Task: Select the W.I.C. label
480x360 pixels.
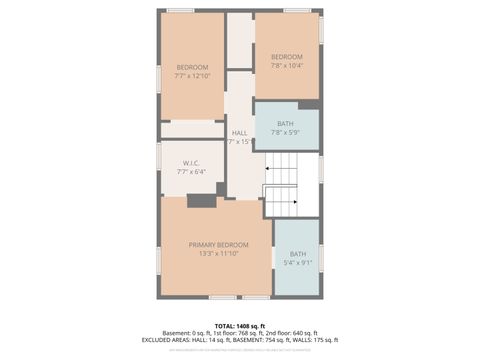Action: [x=192, y=163]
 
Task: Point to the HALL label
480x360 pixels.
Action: [x=239, y=133]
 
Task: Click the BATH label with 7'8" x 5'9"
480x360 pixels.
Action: [x=286, y=123]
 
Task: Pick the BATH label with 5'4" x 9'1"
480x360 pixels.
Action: [x=298, y=254]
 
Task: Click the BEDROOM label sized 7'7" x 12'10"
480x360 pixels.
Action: [x=192, y=67]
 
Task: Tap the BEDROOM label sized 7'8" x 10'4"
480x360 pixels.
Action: [x=286, y=56]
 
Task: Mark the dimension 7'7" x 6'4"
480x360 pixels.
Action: [x=192, y=173]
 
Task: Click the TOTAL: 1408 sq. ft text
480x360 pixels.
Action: [x=240, y=325]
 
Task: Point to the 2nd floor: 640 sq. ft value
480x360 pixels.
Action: [x=291, y=333]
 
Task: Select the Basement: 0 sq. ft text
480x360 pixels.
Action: [x=184, y=333]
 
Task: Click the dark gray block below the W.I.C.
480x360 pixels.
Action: [x=202, y=201]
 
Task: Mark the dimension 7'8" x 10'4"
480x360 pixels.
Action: [x=286, y=66]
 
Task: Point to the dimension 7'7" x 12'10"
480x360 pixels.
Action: [x=192, y=77]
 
